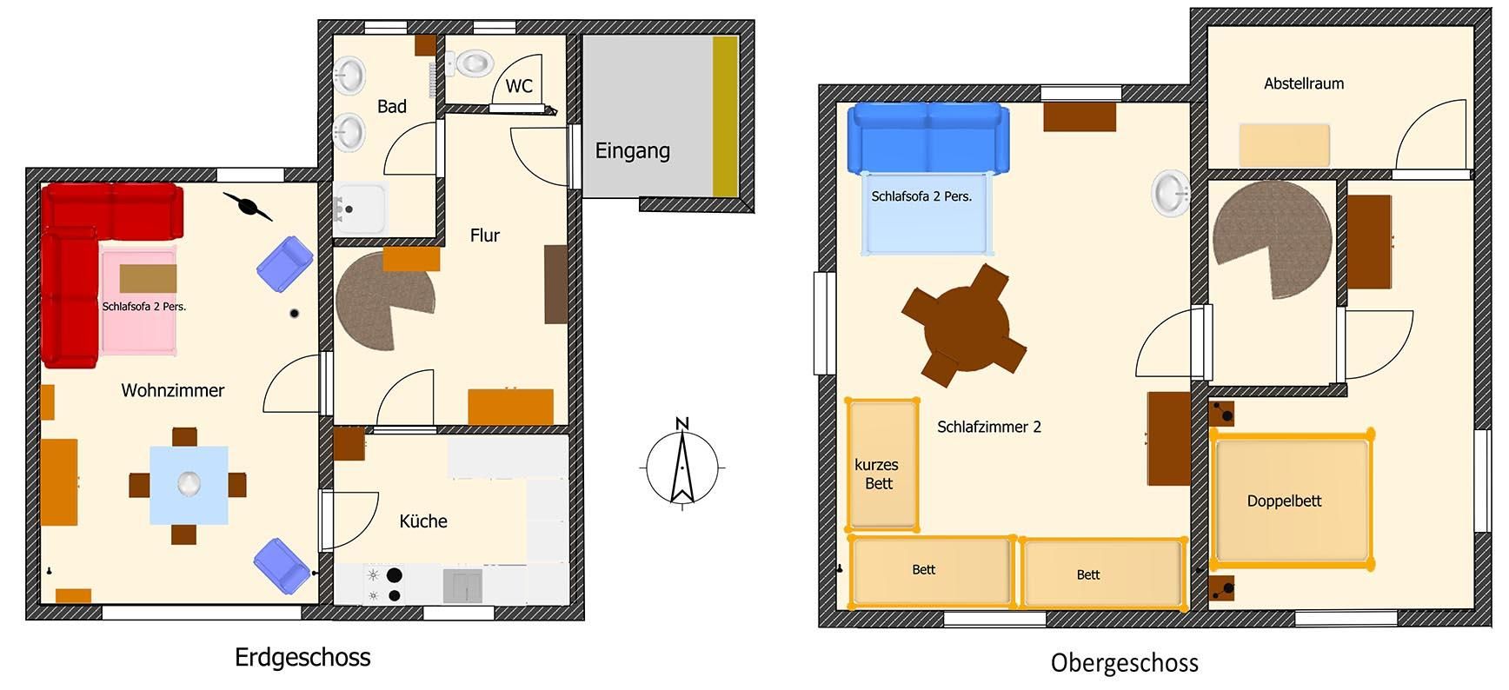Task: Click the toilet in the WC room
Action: coord(469,63)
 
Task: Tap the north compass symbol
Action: coord(682,465)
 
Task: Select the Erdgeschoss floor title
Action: coord(302,658)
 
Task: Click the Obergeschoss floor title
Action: coord(1124,663)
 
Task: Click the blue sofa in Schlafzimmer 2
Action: coord(928,137)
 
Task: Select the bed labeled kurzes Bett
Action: coord(882,464)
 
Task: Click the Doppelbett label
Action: coord(1284,501)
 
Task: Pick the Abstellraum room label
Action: coord(1304,83)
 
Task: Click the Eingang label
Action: coord(632,151)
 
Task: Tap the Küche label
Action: coord(423,521)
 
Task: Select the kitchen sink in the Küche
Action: coord(462,586)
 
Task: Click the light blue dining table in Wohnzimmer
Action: coord(189,485)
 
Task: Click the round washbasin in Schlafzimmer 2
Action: coord(1171,192)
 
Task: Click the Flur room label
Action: coord(484,236)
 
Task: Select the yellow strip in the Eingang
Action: coord(725,116)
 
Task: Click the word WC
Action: coord(519,86)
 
